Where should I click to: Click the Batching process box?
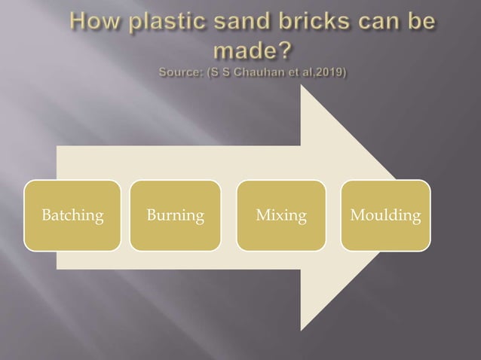tap(72, 215)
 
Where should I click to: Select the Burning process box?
tap(175, 215)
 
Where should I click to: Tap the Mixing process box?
tap(281, 215)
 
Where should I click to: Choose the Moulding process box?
tap(385, 215)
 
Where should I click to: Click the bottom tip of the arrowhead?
tap(302, 330)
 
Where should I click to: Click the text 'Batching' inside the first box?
tap(72, 216)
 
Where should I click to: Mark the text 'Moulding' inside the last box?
tap(385, 216)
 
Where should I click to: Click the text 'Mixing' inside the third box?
tap(281, 216)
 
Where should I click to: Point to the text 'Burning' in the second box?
tap(175, 216)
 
